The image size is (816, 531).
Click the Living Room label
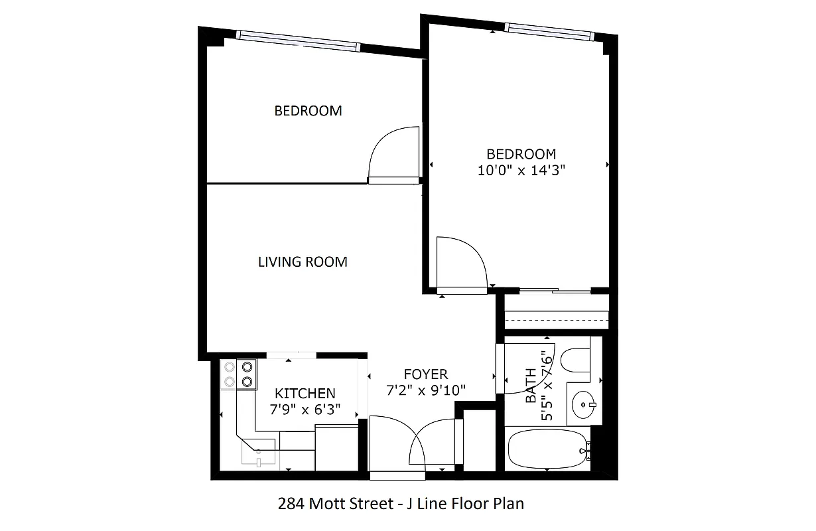point(303,262)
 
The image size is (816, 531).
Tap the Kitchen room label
point(305,394)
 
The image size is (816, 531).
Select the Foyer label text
point(426,374)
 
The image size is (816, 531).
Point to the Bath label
point(531,386)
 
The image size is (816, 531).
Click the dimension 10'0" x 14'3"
point(521,171)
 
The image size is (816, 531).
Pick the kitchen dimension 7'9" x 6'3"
point(305,410)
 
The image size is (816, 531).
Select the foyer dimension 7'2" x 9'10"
point(426,390)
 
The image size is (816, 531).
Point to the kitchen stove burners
point(239,373)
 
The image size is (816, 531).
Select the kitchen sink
point(259,455)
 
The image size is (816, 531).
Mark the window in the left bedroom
point(299,41)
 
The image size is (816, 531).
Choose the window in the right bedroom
point(548,30)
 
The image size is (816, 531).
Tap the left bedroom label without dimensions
point(308,111)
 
